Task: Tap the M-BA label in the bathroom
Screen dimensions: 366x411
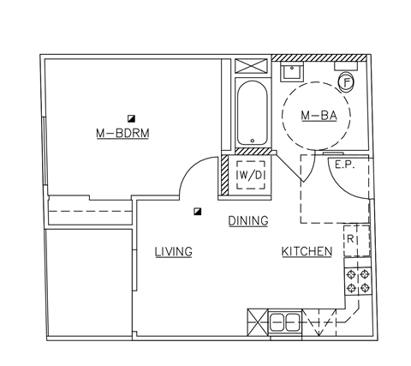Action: [318, 116]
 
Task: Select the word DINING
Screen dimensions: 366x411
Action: [248, 221]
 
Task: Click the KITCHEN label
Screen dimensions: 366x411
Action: [307, 251]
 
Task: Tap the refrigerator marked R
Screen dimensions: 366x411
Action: [350, 240]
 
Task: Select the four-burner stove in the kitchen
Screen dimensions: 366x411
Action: [357, 281]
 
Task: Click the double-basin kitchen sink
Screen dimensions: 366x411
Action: [284, 323]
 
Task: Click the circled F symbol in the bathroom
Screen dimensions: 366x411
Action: [347, 82]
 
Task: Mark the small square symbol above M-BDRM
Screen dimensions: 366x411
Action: [131, 117]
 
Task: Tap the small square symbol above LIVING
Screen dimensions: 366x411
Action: [198, 210]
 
